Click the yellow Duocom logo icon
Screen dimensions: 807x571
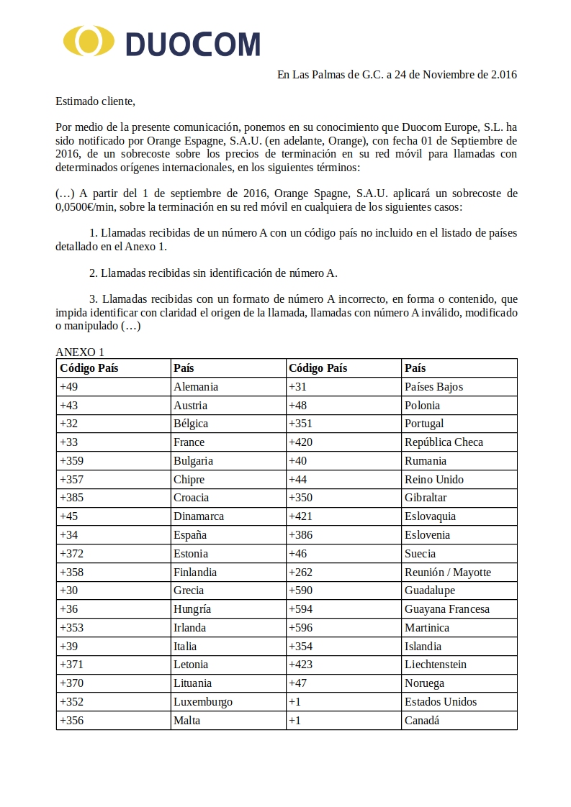(89, 41)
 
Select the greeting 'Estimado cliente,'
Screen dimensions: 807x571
(95, 100)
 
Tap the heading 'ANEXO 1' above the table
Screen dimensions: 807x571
(80, 352)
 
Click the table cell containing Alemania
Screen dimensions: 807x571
(196, 386)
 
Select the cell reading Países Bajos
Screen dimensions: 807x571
(433, 386)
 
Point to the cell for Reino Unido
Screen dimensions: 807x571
(433, 479)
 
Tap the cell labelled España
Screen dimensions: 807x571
(190, 534)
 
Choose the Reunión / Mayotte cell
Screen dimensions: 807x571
(448, 572)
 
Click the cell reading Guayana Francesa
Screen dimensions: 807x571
(446, 609)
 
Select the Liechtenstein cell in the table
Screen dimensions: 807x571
(435, 665)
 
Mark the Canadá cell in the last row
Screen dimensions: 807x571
(422, 720)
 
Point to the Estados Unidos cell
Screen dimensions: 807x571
(441, 701)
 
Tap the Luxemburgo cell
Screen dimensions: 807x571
(203, 701)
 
